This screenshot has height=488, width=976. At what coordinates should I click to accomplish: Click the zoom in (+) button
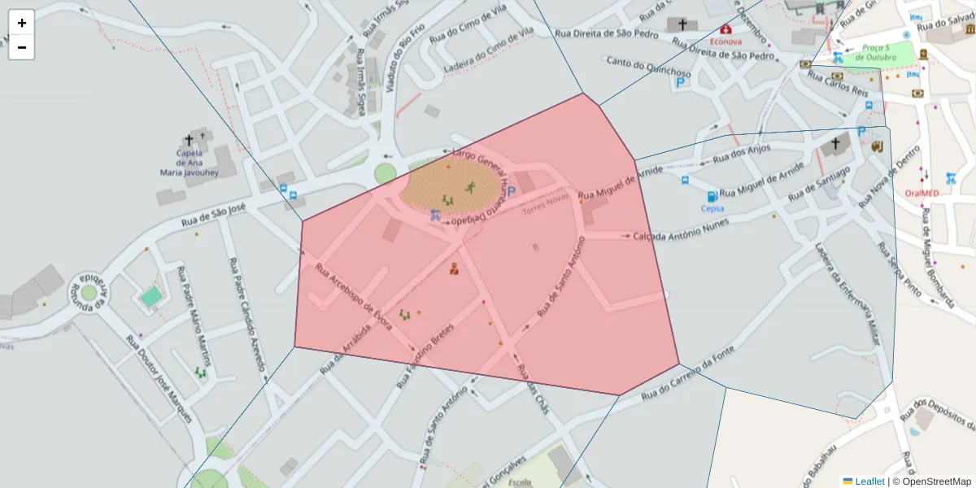coord(22,23)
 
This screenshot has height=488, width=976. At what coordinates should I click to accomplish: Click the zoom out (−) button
coord(22,47)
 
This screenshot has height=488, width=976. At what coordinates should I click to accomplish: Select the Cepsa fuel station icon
coord(712,196)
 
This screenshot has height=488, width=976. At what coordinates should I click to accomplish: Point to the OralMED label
coord(922,193)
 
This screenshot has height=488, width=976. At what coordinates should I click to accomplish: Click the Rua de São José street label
coord(213,216)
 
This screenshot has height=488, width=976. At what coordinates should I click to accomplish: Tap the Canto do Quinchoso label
coord(648,68)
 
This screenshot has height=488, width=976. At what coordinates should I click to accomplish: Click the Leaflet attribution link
coord(869,481)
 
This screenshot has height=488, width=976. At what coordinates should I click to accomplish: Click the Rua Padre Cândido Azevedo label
coord(248,314)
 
